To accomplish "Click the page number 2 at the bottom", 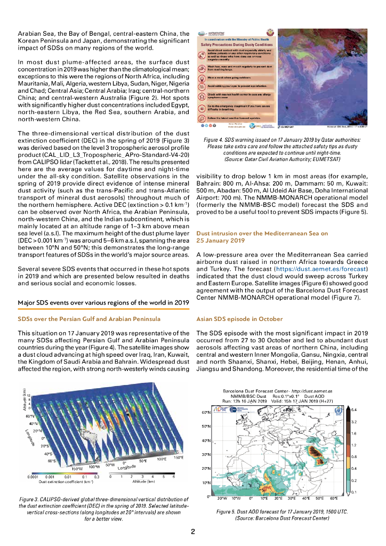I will (x=193, y=531).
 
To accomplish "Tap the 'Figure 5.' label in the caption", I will (x=230, y=511).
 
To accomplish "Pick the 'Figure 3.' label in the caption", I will (x=31, y=498).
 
